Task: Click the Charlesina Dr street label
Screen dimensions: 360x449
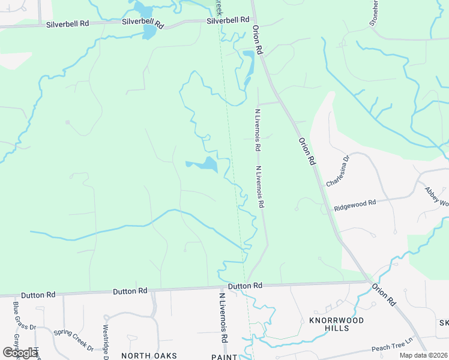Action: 337,172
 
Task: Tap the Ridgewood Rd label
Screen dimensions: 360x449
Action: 354,205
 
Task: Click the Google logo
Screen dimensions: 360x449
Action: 20,353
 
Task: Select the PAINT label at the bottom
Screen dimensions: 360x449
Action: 224,356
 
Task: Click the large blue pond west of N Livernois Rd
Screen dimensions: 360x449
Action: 204,164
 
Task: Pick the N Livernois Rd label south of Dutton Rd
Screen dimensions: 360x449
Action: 223,318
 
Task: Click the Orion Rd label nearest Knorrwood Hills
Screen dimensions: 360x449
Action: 384,294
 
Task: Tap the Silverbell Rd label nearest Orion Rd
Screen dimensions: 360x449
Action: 228,20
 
